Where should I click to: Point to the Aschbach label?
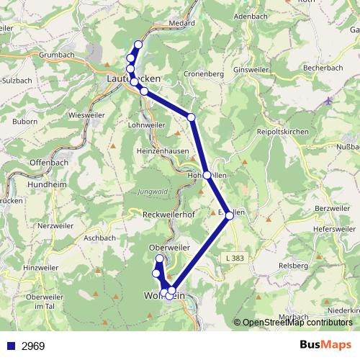click(x=99, y=238)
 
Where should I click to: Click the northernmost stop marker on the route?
click(x=138, y=45)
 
